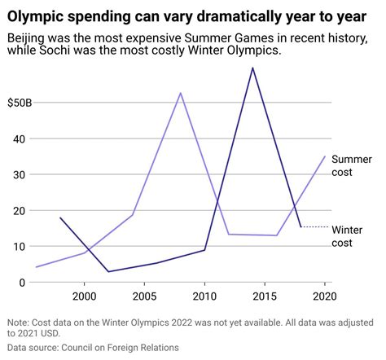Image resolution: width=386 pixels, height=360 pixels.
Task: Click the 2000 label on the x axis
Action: point(85,295)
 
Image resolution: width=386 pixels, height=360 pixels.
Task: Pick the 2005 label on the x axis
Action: point(145,295)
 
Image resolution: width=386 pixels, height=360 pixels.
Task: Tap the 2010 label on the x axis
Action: point(204,295)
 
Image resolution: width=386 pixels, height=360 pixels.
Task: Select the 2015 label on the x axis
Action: point(265,295)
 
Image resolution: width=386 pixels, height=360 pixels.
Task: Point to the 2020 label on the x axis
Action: point(324,295)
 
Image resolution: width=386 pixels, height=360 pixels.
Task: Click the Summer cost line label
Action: point(351,165)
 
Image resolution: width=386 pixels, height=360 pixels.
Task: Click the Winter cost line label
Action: point(348,236)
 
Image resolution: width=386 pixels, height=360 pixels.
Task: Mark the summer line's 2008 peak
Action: point(181,93)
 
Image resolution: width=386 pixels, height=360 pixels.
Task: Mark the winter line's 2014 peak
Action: point(252,68)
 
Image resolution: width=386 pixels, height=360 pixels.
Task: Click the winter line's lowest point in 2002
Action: point(108,272)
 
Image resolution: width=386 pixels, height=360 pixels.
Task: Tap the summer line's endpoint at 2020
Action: point(324,156)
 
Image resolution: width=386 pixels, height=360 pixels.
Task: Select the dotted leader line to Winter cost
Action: point(314,227)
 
